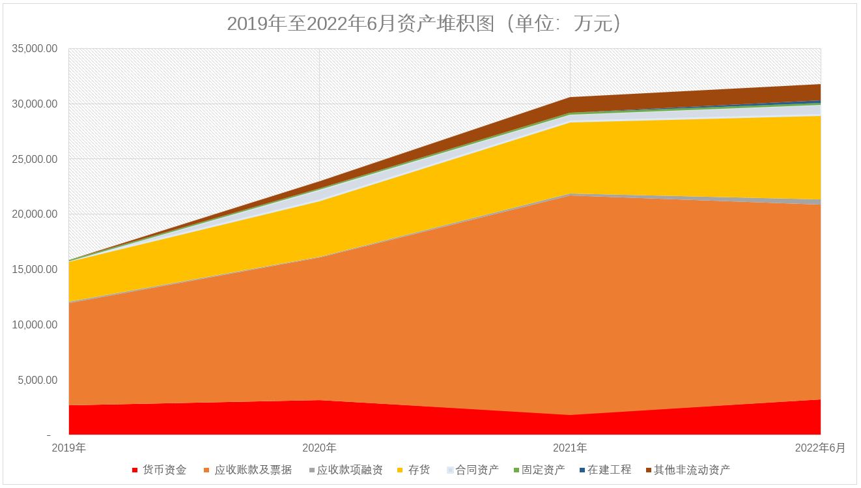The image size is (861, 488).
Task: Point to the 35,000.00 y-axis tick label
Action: pos(35,49)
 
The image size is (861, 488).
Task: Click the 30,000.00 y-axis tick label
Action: pos(35,104)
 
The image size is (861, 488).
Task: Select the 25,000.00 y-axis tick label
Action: pos(35,160)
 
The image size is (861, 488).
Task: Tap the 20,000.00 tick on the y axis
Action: pos(35,214)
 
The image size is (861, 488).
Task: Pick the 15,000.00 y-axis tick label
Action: pos(35,270)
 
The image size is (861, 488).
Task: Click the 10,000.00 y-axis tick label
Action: pos(35,325)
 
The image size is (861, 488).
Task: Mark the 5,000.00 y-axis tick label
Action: pos(38,380)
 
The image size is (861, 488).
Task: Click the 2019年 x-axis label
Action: pos(68,448)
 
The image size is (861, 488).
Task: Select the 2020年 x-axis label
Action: pos(319,448)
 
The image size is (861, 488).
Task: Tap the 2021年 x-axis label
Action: pos(570,448)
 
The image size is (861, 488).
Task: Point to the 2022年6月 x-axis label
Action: pos(820,448)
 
